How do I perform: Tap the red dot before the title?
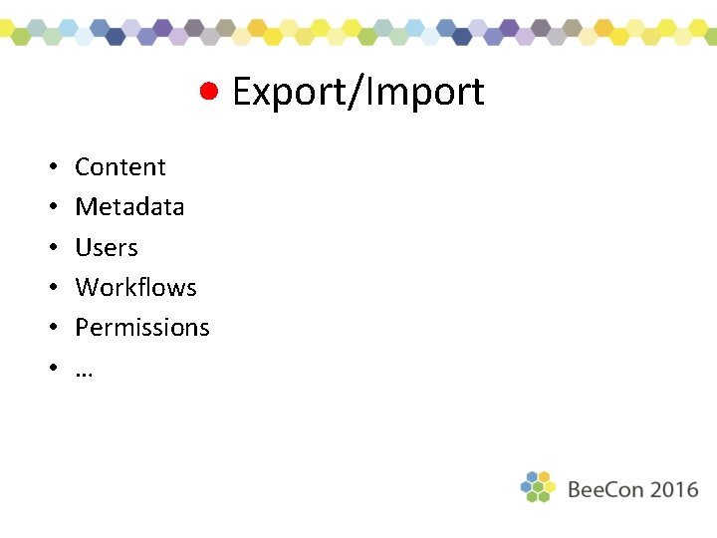pyautogui.click(x=208, y=91)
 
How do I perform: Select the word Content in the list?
pyautogui.click(x=120, y=166)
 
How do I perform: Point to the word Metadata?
pyautogui.click(x=129, y=206)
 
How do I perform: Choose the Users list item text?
pyautogui.click(x=107, y=247)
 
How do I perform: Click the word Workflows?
pyautogui.click(x=135, y=287)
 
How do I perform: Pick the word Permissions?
pyautogui.click(x=142, y=327)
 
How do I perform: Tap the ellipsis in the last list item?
pyautogui.click(x=84, y=371)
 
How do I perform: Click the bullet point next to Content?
pyautogui.click(x=49, y=167)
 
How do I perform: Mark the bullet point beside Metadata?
pyautogui.click(x=49, y=207)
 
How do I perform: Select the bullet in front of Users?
pyautogui.click(x=49, y=248)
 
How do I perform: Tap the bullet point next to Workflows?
pyautogui.click(x=49, y=288)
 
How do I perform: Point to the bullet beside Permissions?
pyautogui.click(x=49, y=328)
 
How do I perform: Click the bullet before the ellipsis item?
pyautogui.click(x=49, y=369)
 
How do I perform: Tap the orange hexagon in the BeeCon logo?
pyautogui.click(x=544, y=476)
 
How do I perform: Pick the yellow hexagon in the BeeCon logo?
pyautogui.click(x=550, y=486)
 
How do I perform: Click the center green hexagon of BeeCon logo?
pyautogui.click(x=538, y=486)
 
